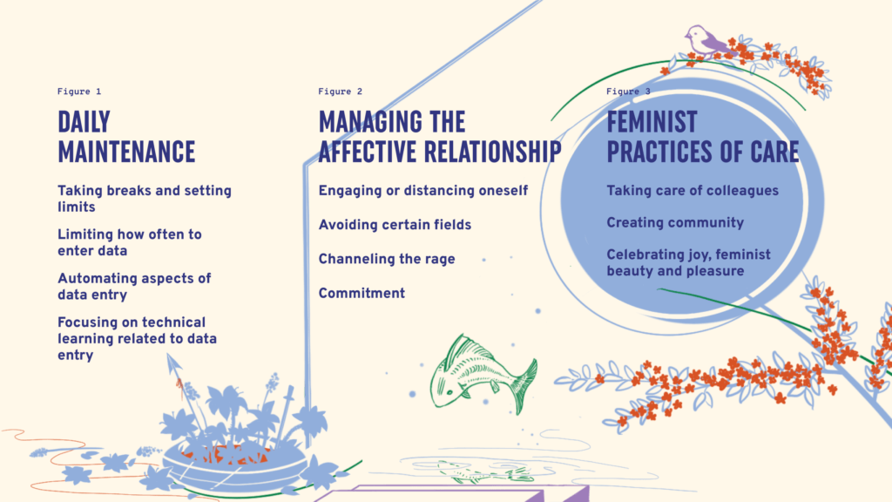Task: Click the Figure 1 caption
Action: click(79, 91)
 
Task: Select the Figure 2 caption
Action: click(341, 91)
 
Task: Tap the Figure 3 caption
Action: click(628, 91)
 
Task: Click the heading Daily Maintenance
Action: click(126, 137)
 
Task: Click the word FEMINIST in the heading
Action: click(652, 122)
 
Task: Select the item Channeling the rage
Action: click(387, 259)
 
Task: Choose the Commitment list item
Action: click(362, 293)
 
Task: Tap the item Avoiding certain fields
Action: click(395, 225)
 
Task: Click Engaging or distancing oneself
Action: click(423, 191)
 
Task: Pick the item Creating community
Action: click(675, 222)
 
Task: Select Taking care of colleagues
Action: click(693, 191)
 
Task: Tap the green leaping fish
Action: click(483, 373)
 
